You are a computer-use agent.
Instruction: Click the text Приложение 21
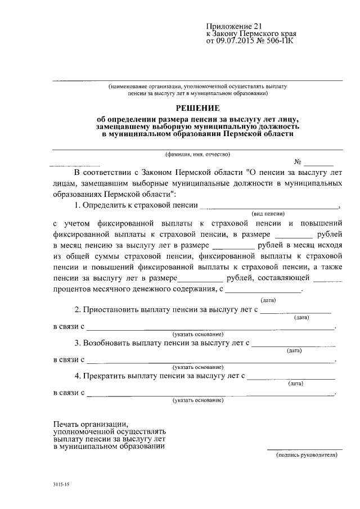pos(230,26)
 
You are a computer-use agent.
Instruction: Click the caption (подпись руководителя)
pos(307,456)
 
